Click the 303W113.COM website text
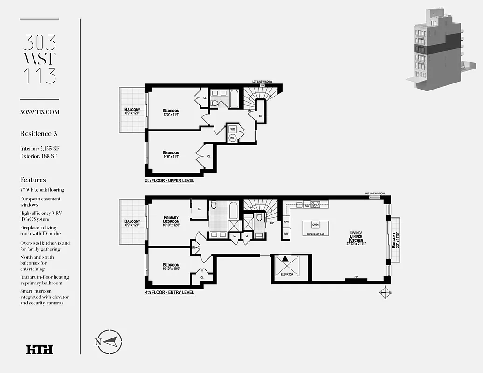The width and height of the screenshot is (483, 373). (x=40, y=112)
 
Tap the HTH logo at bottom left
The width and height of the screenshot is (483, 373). (x=40, y=350)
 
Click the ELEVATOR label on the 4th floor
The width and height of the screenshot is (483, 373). (x=287, y=275)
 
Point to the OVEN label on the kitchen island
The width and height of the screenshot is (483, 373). (x=316, y=225)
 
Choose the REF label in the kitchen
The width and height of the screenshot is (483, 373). (x=286, y=234)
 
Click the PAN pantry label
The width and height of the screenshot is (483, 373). (x=286, y=222)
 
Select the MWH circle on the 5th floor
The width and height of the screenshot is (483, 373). (x=232, y=138)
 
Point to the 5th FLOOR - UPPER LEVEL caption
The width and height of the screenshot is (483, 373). (x=169, y=180)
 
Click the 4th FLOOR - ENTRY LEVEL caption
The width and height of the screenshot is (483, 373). (x=169, y=293)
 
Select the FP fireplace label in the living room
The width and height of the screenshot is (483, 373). (x=356, y=277)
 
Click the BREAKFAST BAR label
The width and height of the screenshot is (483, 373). (x=316, y=235)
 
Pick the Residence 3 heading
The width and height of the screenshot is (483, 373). (x=38, y=134)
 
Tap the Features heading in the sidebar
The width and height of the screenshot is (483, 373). (x=33, y=180)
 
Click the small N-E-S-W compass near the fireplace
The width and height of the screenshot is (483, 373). (x=385, y=293)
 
